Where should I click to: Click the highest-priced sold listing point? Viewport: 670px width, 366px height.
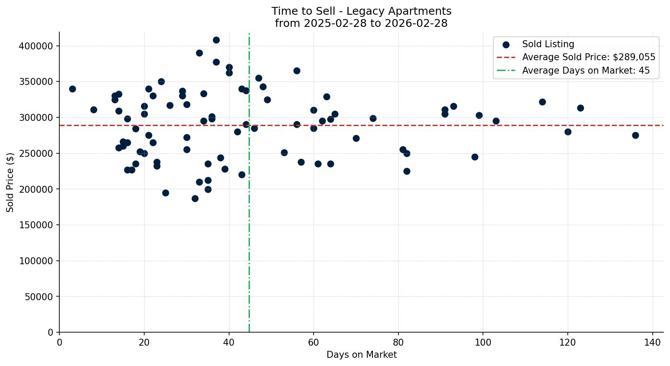pyautogui.click(x=216, y=40)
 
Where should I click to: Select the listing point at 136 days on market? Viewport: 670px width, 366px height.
pyautogui.click(x=635, y=135)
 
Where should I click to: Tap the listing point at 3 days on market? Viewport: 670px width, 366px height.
pyautogui.click(x=72, y=89)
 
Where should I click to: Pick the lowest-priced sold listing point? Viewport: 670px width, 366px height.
pyautogui.click(x=195, y=198)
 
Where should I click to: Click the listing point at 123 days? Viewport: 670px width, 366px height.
pyautogui.click(x=580, y=108)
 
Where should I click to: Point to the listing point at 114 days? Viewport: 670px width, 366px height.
pyautogui.click(x=542, y=102)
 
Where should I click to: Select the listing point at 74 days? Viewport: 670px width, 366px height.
pyautogui.click(x=373, y=118)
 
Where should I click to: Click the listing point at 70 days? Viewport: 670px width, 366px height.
pyautogui.click(x=356, y=138)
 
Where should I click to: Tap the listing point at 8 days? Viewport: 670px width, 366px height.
pyautogui.click(x=94, y=110)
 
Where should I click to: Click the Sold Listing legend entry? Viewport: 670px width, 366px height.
pyautogui.click(x=548, y=44)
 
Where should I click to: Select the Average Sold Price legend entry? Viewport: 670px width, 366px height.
pyautogui.click(x=588, y=57)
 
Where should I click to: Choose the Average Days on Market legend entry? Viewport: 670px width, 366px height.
pyautogui.click(x=586, y=71)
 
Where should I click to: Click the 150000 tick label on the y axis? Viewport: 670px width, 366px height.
pyautogui.click(x=36, y=225)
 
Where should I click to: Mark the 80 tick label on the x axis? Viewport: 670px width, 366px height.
pyautogui.click(x=398, y=342)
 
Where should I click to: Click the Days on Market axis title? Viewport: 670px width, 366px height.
pyautogui.click(x=362, y=355)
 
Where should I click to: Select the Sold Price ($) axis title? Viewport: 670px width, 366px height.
pyautogui.click(x=10, y=182)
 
